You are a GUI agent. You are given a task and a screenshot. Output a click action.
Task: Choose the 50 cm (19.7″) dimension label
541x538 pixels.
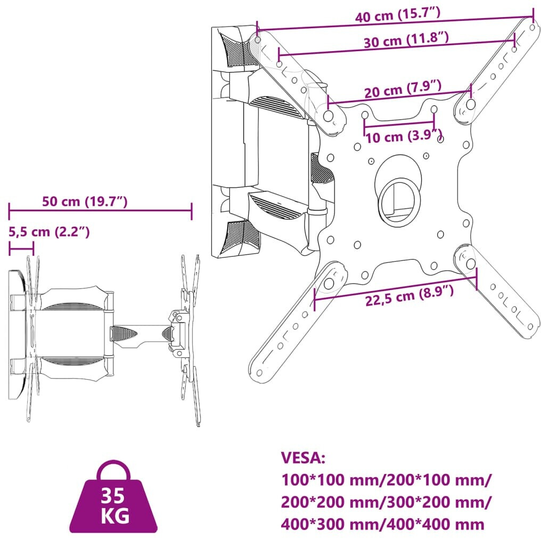(x=85, y=202)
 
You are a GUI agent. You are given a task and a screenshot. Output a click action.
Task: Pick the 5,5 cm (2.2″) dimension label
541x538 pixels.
(x=48, y=231)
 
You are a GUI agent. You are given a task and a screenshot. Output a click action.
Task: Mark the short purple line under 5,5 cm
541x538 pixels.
(x=21, y=248)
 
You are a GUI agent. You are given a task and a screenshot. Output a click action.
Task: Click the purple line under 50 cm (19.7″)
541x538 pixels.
(x=100, y=211)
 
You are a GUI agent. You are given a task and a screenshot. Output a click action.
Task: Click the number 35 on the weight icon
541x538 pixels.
(x=113, y=495)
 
